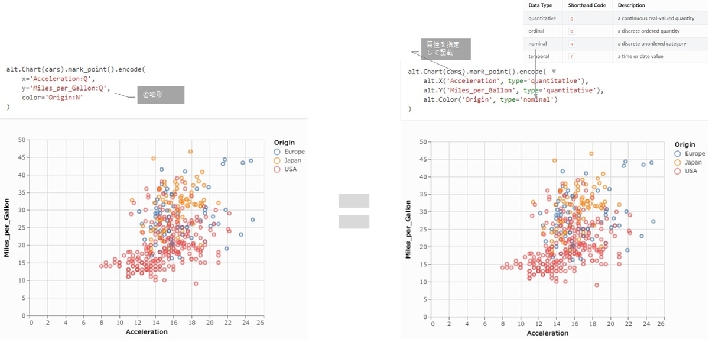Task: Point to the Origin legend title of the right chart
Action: click(x=685, y=144)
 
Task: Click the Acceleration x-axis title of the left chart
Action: click(x=147, y=332)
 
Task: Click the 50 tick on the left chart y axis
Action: click(x=22, y=140)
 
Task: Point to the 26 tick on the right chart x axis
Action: click(x=661, y=324)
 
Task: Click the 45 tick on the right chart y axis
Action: click(x=423, y=159)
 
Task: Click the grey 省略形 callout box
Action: click(x=160, y=95)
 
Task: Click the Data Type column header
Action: click(x=540, y=5)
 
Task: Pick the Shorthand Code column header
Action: click(x=586, y=5)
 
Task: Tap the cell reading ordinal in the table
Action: click(x=536, y=31)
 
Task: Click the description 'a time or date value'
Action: click(x=640, y=56)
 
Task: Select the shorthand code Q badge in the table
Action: click(x=571, y=18)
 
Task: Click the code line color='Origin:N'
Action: click(x=53, y=98)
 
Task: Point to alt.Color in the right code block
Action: click(x=437, y=99)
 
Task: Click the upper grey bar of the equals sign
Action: click(x=353, y=201)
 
